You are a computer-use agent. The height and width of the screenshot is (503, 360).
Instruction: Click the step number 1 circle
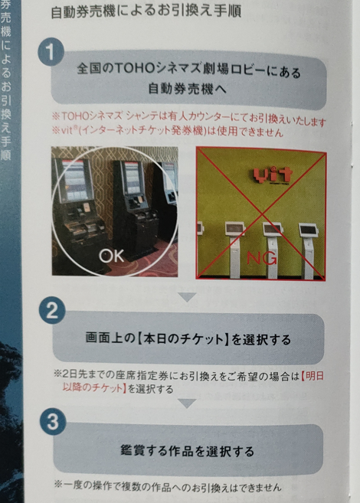(51, 52)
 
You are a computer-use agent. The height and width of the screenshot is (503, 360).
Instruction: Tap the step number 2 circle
(52, 311)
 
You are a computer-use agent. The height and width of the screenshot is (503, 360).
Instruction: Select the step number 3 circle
(53, 421)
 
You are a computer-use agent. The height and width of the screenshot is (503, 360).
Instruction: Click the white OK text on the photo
(111, 256)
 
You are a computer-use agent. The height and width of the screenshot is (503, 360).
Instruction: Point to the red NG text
(261, 257)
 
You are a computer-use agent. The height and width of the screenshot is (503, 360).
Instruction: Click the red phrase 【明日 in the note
(313, 376)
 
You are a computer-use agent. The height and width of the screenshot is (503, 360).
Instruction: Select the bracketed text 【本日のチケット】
(182, 338)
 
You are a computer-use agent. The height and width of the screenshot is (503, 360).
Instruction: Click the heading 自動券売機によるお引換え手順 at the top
(146, 11)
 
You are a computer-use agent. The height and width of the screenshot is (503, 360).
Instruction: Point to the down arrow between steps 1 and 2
(188, 297)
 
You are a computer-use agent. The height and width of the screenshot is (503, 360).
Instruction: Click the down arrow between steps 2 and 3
(187, 403)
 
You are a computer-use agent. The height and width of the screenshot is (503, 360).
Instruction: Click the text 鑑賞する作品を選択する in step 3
(188, 451)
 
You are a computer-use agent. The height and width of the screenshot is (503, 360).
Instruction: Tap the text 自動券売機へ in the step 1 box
(188, 89)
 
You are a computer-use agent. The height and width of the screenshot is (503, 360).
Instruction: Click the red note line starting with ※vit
(168, 131)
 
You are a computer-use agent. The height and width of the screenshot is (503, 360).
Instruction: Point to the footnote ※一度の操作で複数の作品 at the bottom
(168, 487)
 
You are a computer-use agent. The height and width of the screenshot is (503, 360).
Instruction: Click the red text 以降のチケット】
(93, 388)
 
